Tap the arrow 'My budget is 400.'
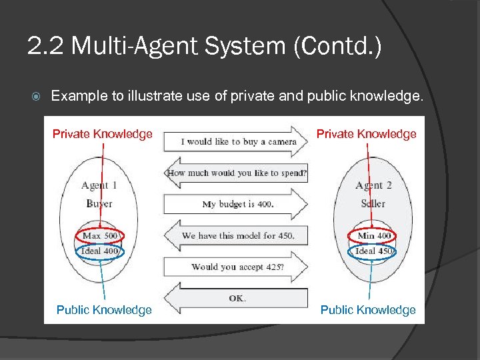click(x=237, y=204)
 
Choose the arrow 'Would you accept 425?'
click(x=237, y=267)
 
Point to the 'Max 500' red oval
click(x=99, y=236)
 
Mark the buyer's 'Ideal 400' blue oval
click(x=99, y=251)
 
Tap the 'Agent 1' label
click(x=99, y=185)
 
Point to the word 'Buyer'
click(x=99, y=203)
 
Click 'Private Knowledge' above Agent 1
click(x=102, y=134)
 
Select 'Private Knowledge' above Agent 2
click(x=366, y=134)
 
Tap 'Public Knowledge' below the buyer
click(x=104, y=310)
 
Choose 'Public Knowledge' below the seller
click(x=368, y=310)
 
